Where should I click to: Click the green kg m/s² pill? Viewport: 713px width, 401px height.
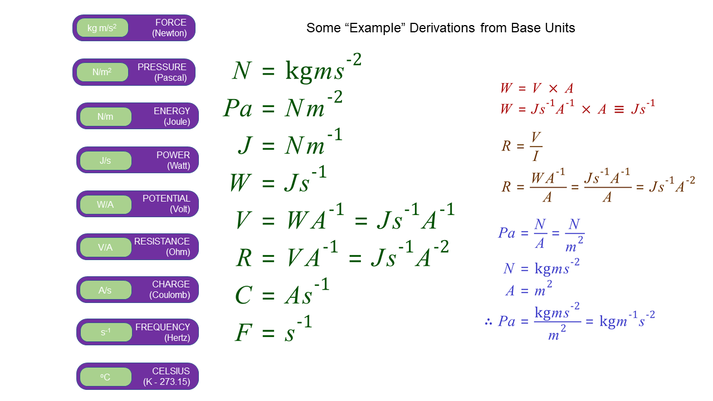coord(102,28)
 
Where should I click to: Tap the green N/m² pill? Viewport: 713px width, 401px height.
coord(102,72)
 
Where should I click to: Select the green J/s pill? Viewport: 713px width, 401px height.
coord(106,160)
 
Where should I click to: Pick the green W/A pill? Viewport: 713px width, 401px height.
coord(106,204)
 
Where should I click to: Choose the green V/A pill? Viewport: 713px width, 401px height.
coord(106,247)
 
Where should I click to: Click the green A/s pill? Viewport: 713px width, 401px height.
coord(106,290)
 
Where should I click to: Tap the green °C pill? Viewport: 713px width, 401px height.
coord(106,377)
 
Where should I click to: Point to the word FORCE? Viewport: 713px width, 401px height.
coord(171,23)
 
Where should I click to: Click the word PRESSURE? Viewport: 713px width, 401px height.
coord(162,67)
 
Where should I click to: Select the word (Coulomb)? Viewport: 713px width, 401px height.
coord(170,295)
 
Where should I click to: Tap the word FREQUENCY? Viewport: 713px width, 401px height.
coord(163,327)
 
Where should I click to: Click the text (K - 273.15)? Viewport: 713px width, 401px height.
coord(167,382)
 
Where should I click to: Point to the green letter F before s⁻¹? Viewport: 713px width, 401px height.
coord(243,332)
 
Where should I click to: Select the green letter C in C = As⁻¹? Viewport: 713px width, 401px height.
coord(244,295)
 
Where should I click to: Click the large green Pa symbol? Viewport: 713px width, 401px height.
coord(238,108)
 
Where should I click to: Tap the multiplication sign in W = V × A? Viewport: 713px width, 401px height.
coord(553,89)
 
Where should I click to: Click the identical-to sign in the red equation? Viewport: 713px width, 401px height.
coord(619,110)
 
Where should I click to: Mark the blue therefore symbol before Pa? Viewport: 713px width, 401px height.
coord(489,322)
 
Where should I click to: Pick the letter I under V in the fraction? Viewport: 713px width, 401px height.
coord(536,156)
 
